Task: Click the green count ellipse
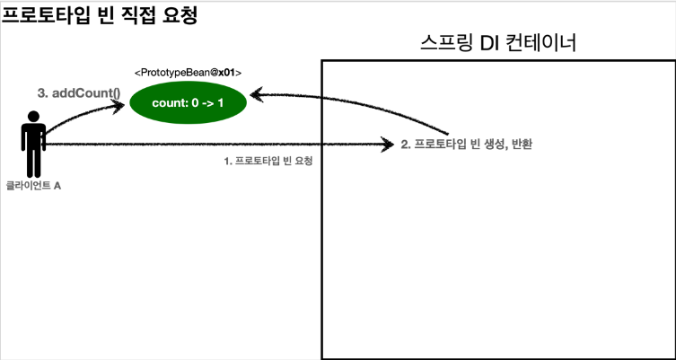coord(188,103)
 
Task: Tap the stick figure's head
coord(33,117)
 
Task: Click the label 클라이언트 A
coord(33,185)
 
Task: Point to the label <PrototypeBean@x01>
coord(188,72)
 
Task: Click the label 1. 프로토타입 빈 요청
coord(273,162)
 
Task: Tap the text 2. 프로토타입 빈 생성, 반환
coord(466,144)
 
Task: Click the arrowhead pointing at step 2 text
coord(389,144)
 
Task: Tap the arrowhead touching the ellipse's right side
coord(256,93)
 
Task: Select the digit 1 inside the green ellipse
coord(220,103)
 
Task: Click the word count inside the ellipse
coord(168,103)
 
